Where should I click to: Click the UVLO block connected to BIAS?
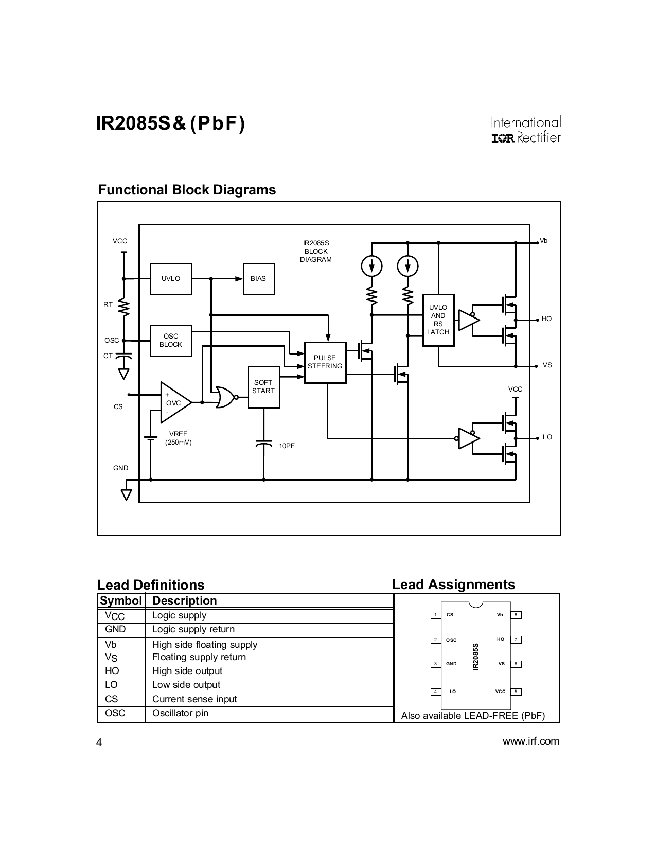171,279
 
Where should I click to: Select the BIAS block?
258,279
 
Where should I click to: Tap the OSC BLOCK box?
171,341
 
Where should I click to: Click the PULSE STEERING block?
325,362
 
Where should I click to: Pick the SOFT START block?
263,387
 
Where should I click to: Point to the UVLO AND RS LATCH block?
438,320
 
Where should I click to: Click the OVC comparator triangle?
174,403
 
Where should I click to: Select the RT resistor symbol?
123,308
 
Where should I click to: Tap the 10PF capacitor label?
287,446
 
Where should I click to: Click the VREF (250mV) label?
178,438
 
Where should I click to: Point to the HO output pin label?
546,320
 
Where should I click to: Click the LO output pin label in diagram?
547,437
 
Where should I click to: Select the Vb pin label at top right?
543,241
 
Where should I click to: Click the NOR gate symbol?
224,397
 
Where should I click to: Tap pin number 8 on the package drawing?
516,615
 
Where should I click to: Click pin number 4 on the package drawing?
435,692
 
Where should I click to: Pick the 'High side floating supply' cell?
204,645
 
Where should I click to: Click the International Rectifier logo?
525,130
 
